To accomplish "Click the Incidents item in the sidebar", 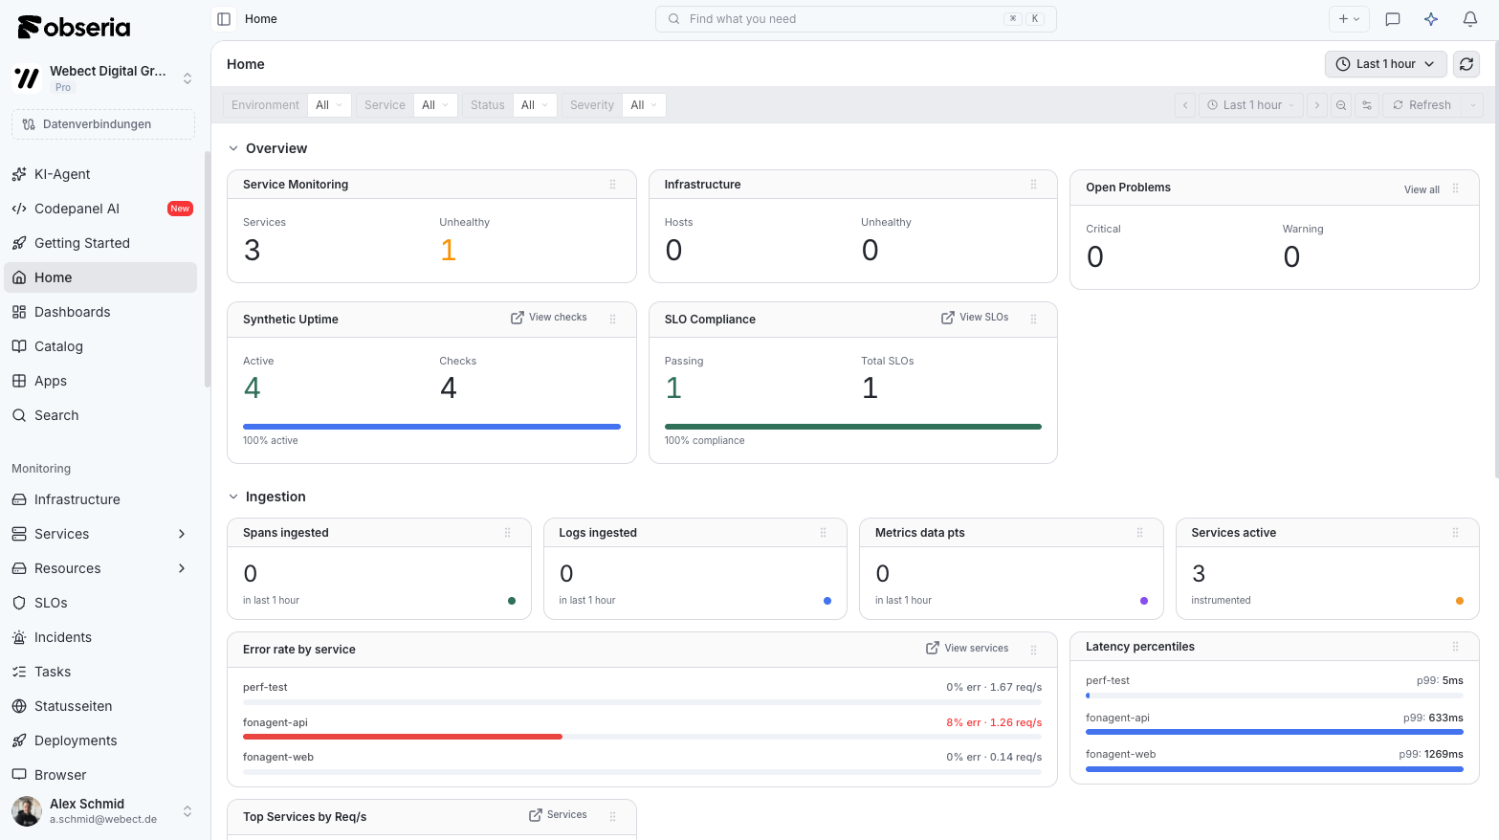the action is click(62, 636).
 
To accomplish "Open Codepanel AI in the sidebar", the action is click(77, 209).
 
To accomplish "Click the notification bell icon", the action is click(1469, 19).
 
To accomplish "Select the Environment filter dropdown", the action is click(329, 105).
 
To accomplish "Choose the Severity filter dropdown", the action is click(644, 105).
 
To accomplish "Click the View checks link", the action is click(549, 318).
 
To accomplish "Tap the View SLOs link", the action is click(975, 318).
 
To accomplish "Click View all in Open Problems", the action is click(1422, 189).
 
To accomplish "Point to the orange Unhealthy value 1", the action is click(449, 251).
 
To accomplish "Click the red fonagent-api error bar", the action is click(402, 737).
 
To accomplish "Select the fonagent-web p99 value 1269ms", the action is click(1444, 754).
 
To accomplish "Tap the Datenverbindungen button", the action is click(103, 123).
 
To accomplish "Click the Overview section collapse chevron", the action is click(232, 148).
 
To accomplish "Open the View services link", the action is click(967, 648).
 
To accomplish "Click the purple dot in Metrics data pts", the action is click(1144, 601).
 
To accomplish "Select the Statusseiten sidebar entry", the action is click(73, 705).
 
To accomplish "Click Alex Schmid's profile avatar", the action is click(27, 810).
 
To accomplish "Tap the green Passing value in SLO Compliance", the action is click(673, 388).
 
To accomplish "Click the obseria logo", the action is click(74, 27).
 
